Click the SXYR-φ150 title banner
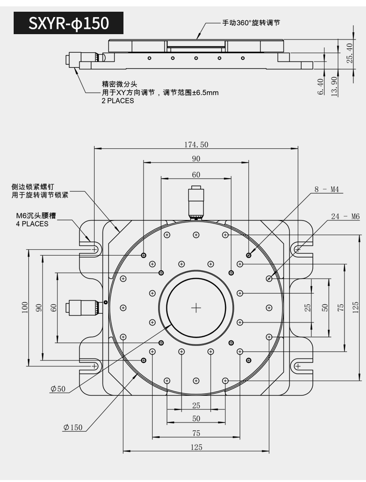tap(68, 23)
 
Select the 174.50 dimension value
tap(196, 144)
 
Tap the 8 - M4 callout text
tap(326, 189)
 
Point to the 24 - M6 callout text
tap(345, 217)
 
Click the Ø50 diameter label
tap(58, 389)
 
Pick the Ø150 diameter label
tap(73, 427)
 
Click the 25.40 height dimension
tap(350, 53)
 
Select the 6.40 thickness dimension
tap(321, 87)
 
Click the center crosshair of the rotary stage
tap(196, 308)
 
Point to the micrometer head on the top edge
tap(196, 202)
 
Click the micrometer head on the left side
tap(83, 308)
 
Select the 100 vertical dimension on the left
tap(25, 307)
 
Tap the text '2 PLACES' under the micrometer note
tap(118, 101)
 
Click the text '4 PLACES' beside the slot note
tap(32, 224)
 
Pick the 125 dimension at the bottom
tap(196, 447)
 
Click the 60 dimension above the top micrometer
tap(196, 175)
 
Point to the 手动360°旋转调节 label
tap(251, 23)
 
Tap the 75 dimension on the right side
tap(341, 307)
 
